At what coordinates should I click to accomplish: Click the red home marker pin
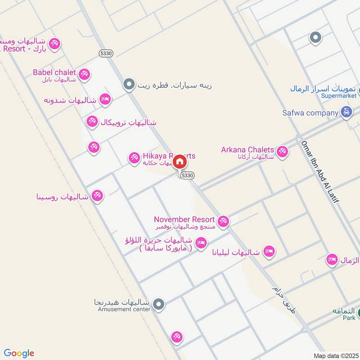pyautogui.click(x=180, y=161)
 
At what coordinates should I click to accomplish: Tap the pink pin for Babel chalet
pyautogui.click(x=84, y=74)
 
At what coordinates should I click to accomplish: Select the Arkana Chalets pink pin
pyautogui.click(x=282, y=152)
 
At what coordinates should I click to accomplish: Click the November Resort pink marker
pyautogui.click(x=223, y=221)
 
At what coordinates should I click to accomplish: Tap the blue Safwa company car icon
pyautogui.click(x=346, y=112)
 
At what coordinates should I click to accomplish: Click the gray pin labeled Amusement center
pyautogui.click(x=158, y=305)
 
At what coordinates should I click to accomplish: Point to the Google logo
pyautogui.click(x=19, y=353)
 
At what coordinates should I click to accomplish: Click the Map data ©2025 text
pyautogui.click(x=335, y=355)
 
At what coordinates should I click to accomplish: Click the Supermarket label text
pyautogui.click(x=338, y=96)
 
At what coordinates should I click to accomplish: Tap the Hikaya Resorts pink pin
pyautogui.click(x=134, y=157)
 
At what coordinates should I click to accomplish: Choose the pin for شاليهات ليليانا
pyautogui.click(x=269, y=251)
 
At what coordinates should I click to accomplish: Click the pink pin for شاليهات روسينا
pyautogui.click(x=97, y=196)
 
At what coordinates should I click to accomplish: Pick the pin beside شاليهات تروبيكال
pyautogui.click(x=92, y=121)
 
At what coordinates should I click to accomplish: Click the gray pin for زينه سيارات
pyautogui.click(x=129, y=84)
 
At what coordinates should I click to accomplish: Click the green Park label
pyautogui.click(x=349, y=318)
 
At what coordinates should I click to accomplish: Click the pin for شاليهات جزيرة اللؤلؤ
pyautogui.click(x=201, y=243)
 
